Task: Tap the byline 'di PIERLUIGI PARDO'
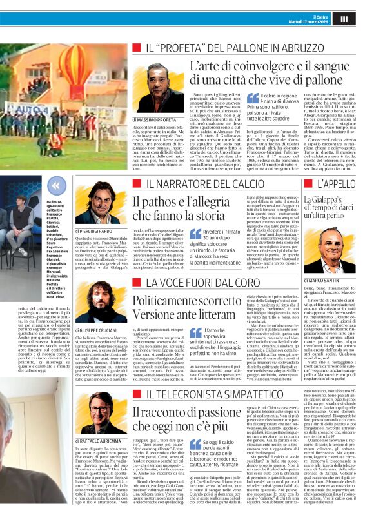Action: point(97,230)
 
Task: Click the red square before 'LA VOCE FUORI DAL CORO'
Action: point(137,285)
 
